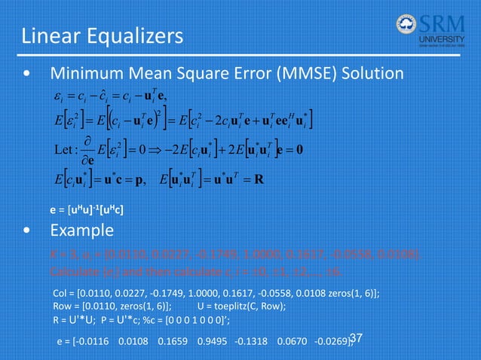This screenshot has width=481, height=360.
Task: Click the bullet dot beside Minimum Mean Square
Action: click(27, 75)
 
